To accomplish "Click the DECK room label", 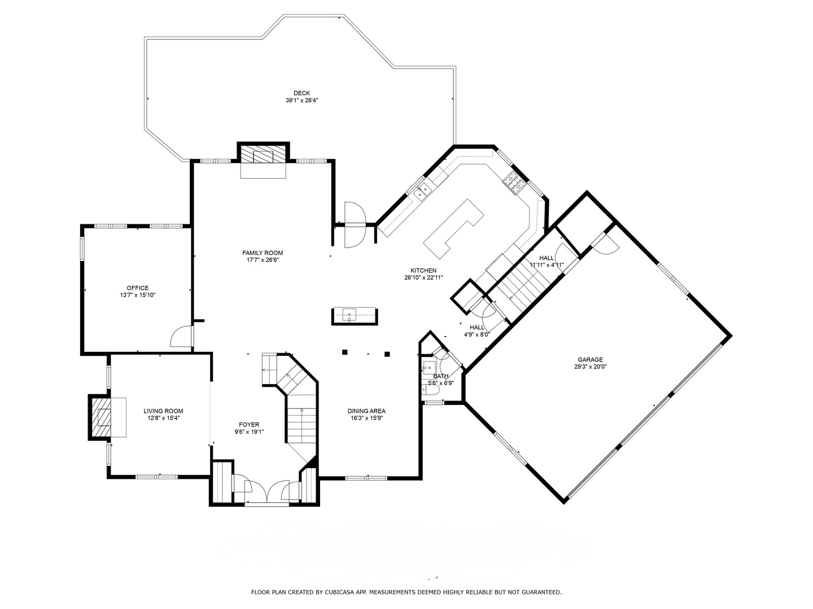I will pos(301,93).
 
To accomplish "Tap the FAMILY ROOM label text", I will pos(263,253).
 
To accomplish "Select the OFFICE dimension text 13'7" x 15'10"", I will pos(138,295).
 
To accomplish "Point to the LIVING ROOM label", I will pos(163,411).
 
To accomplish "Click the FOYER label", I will pos(249,425).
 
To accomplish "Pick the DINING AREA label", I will pos(366,411).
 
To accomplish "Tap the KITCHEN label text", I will pos(423,271).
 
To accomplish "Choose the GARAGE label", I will pos(590,359).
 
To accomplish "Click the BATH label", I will pos(441,376).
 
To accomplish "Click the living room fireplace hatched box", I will pos(101,417).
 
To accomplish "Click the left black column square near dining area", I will pos(345,352).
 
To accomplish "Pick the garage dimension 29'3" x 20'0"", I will pos(590,367).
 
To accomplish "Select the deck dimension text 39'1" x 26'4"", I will pos(301,100).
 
